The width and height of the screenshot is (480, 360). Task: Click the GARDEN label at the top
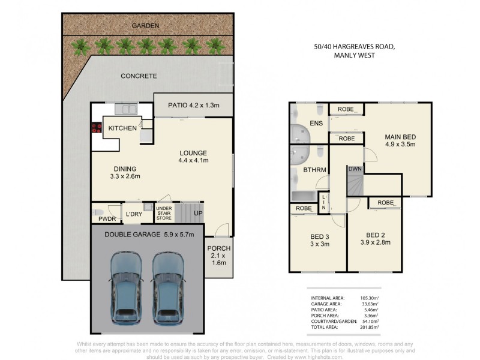click(x=145, y=26)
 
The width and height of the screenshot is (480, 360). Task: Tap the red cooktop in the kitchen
click(x=97, y=127)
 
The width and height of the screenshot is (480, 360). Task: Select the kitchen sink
click(x=126, y=109)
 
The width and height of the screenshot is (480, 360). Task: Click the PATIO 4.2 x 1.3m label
click(x=193, y=106)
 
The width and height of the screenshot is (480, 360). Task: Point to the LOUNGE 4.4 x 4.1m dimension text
click(x=193, y=160)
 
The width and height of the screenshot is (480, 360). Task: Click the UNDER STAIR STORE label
click(x=164, y=213)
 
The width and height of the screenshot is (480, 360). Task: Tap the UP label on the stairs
click(x=198, y=213)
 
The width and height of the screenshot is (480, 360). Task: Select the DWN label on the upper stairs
click(x=355, y=169)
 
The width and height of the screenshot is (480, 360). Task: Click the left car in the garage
click(x=125, y=289)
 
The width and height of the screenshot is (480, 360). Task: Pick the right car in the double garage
click(x=168, y=289)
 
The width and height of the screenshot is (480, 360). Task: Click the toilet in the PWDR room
click(x=98, y=212)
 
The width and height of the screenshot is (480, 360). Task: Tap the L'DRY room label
click(x=134, y=214)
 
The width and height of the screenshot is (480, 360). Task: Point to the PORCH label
click(x=219, y=248)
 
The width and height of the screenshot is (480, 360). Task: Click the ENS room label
click(x=316, y=124)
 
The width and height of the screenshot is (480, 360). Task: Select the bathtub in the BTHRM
click(x=304, y=197)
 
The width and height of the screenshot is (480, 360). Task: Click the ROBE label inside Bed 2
click(x=385, y=203)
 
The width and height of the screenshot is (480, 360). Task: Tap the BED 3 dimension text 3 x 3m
click(x=320, y=244)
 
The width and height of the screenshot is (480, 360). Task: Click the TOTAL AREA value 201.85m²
click(x=370, y=327)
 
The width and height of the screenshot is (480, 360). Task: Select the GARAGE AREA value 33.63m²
click(x=370, y=304)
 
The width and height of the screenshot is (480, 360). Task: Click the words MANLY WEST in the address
click(x=355, y=55)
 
